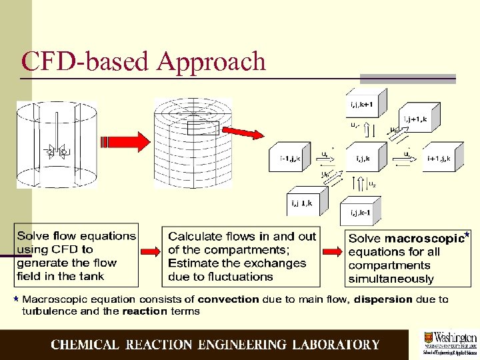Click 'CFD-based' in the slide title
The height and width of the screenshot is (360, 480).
click(x=87, y=62)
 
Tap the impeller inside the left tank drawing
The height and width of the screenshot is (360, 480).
click(x=56, y=153)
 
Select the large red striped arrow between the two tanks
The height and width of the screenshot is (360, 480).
click(x=125, y=142)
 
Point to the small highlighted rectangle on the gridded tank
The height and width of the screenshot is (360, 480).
click(x=202, y=127)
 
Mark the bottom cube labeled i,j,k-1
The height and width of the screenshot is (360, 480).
click(x=364, y=212)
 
